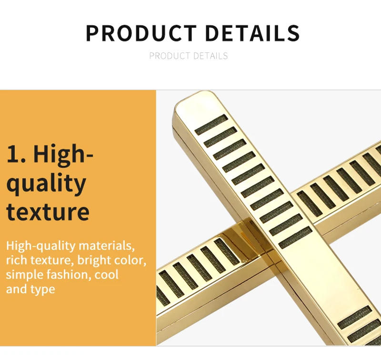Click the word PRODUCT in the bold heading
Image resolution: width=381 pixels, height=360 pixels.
click(x=140, y=33)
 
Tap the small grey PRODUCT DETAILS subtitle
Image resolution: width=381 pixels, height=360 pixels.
click(x=189, y=56)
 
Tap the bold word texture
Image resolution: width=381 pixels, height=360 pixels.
click(x=48, y=212)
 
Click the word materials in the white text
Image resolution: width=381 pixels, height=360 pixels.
click(x=107, y=246)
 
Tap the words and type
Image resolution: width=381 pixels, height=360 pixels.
click(x=30, y=289)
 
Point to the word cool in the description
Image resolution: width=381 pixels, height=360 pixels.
click(x=106, y=275)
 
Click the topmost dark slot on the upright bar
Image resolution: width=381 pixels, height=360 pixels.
click(x=211, y=125)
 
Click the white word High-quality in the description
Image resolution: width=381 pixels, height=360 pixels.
click(x=41, y=246)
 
